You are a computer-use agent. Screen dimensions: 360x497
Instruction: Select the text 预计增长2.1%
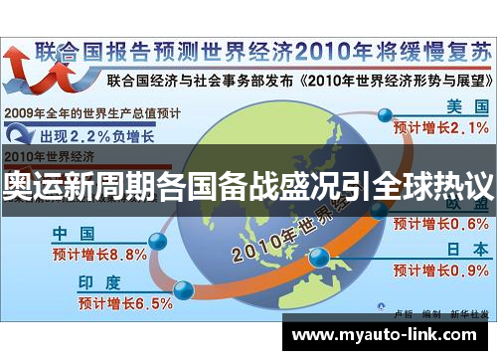point(439,128)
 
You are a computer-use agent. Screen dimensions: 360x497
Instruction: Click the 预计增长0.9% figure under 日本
point(439,270)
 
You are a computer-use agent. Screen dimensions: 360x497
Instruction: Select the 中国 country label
point(73,235)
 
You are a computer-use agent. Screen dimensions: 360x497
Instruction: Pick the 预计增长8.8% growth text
point(99,254)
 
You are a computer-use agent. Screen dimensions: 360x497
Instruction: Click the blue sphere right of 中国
point(156,241)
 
